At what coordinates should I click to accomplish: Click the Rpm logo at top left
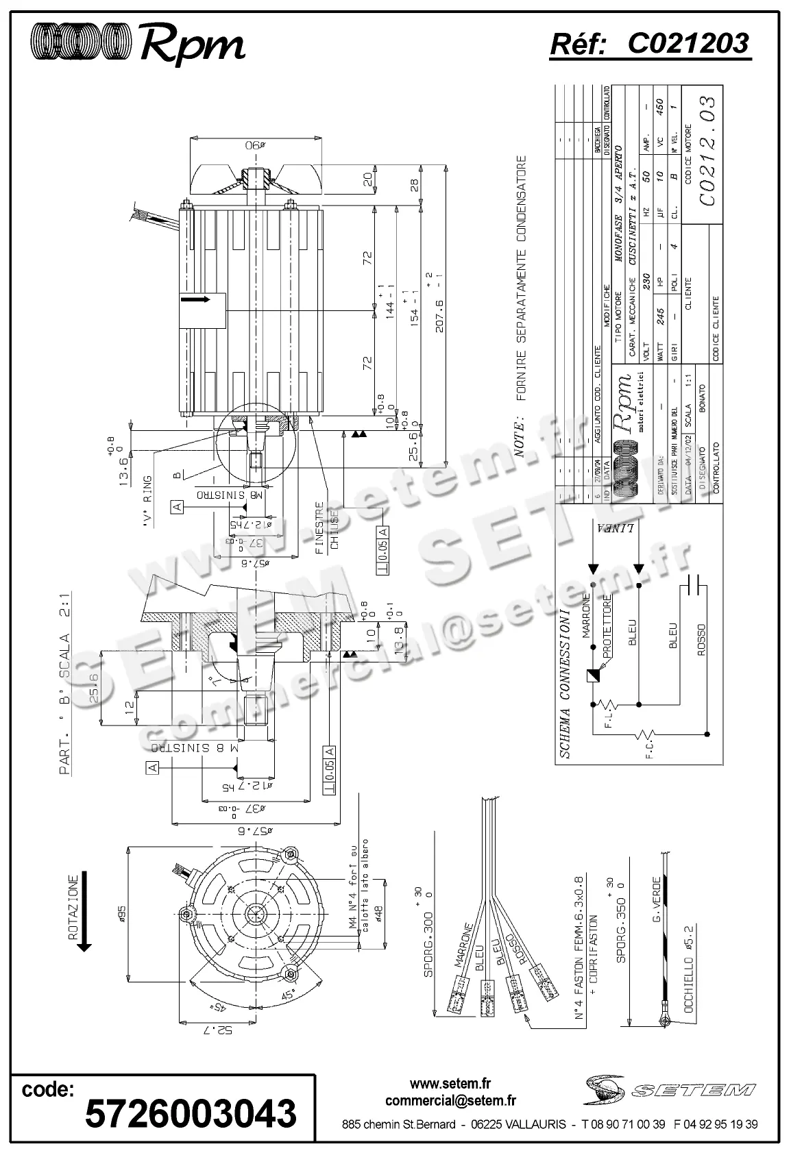137,43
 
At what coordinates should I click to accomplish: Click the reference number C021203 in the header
650,44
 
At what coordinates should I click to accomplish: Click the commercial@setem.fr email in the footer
450,1100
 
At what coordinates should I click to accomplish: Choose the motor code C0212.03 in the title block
709,151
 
